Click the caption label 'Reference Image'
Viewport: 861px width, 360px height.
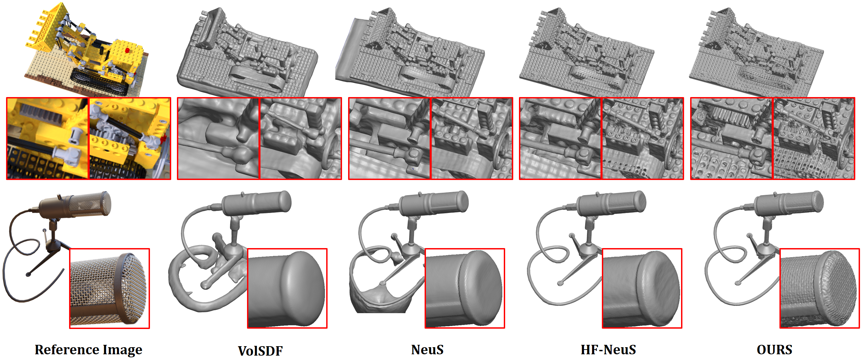(89, 350)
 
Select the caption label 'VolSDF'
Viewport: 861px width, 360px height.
(260, 351)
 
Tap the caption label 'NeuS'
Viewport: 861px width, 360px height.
(427, 350)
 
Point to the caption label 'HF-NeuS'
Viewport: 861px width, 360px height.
(608, 350)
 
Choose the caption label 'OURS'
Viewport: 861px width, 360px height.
(774, 350)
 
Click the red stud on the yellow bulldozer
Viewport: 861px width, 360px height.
(127, 50)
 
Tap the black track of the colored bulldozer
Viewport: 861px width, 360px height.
(100, 82)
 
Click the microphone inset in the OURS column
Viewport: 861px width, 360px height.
(820, 288)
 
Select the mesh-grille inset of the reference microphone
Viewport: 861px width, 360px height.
(110, 289)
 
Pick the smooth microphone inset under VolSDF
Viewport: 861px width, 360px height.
(287, 288)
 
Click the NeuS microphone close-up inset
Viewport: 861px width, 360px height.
(465, 288)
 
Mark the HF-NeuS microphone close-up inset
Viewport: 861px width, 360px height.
(642, 288)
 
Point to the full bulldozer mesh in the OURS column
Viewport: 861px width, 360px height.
(757, 52)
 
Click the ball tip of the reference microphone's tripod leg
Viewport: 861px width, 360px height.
(28, 275)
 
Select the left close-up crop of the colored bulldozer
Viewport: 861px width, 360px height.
(48, 139)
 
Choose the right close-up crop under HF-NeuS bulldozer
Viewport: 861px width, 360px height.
(642, 139)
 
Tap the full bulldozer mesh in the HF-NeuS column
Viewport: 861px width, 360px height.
(586, 52)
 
